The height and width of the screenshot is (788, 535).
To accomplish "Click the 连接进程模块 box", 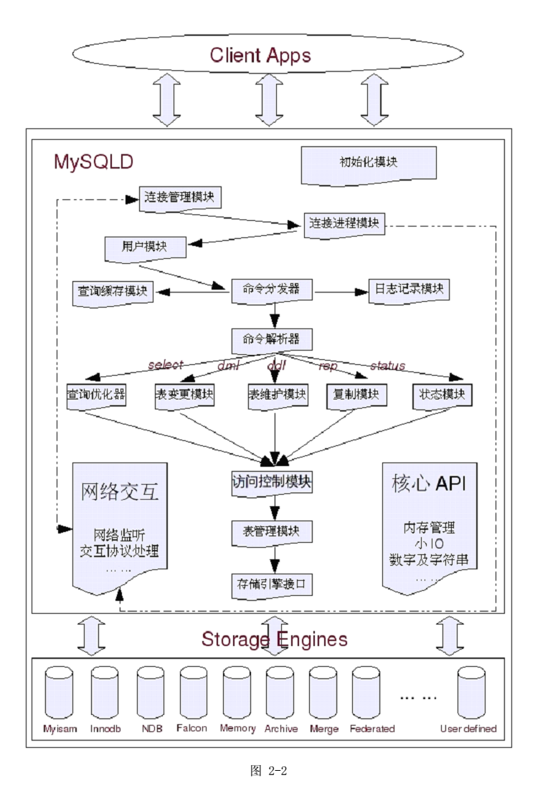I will point(345,224).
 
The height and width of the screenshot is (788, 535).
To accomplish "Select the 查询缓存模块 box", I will point(113,292).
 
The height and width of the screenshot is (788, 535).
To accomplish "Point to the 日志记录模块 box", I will point(406,290).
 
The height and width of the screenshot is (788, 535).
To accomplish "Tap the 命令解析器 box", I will point(272,338).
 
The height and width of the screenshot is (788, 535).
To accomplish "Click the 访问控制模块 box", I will point(272,483).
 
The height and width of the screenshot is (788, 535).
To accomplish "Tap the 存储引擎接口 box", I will point(272,584).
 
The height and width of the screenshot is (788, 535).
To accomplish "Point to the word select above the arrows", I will point(166,365).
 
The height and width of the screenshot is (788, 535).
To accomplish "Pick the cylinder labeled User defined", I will point(471,694).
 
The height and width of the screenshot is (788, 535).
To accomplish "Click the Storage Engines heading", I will point(274,638).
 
